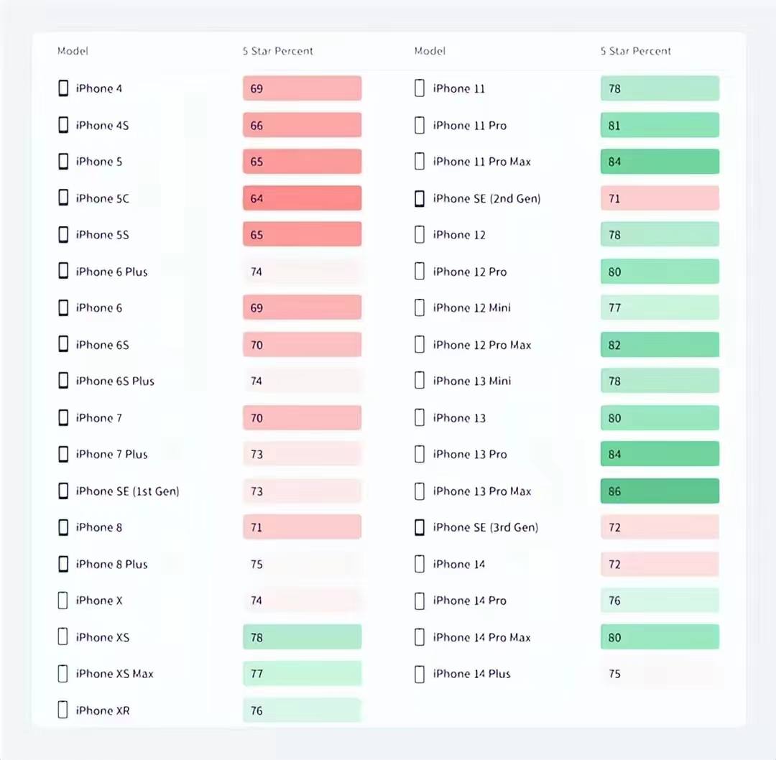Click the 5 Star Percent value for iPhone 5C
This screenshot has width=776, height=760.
coord(302,198)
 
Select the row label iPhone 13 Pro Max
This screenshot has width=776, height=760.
coord(481,491)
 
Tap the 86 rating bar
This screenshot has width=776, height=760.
coord(660,491)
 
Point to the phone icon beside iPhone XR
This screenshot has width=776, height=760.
coord(63,710)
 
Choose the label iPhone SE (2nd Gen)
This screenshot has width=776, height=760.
coord(486,198)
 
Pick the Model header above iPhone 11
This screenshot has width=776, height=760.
coord(430,51)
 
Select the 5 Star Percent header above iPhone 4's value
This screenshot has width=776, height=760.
coord(277,51)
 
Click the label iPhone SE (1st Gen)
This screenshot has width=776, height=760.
coord(127,491)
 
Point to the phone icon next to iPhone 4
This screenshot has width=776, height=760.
coord(63,88)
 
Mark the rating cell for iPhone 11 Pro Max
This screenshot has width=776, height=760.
coord(660,162)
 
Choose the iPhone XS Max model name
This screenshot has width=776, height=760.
coord(114,674)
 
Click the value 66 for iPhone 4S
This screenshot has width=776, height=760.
coord(302,126)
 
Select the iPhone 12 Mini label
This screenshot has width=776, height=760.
coord(471,308)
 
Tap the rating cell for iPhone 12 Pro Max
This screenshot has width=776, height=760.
coord(660,345)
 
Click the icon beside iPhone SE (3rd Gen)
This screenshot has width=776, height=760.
coord(420,527)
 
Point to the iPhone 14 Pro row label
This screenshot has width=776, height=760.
coord(469,601)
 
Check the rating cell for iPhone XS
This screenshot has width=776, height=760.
coord(302,637)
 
